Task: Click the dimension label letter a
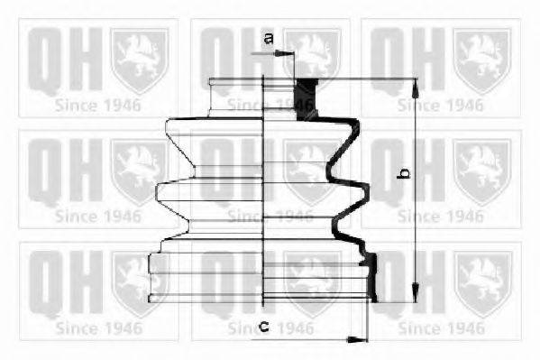[x=269, y=38]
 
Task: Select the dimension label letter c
[x=264, y=326]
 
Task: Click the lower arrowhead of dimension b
[x=416, y=293]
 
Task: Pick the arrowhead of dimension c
[x=357, y=339]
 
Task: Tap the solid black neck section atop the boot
[x=307, y=100]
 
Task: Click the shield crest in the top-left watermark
[x=139, y=61]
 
